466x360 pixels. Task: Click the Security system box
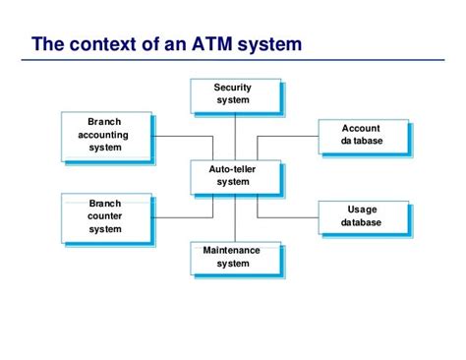233,94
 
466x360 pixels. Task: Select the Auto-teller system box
233,176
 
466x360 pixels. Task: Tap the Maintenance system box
233,258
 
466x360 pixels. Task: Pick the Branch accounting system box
105,135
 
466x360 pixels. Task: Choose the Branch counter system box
105,216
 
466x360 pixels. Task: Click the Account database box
362,135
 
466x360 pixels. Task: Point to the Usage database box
362,216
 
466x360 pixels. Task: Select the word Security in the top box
233,88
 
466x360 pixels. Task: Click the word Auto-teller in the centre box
233,169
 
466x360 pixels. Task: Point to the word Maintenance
232,251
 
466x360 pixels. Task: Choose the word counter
105,216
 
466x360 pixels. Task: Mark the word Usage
362,210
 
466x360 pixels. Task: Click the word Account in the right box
362,129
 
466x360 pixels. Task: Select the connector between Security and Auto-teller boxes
233,134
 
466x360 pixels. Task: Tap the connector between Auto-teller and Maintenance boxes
233,216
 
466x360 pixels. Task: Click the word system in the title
267,44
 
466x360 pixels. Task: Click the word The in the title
47,44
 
